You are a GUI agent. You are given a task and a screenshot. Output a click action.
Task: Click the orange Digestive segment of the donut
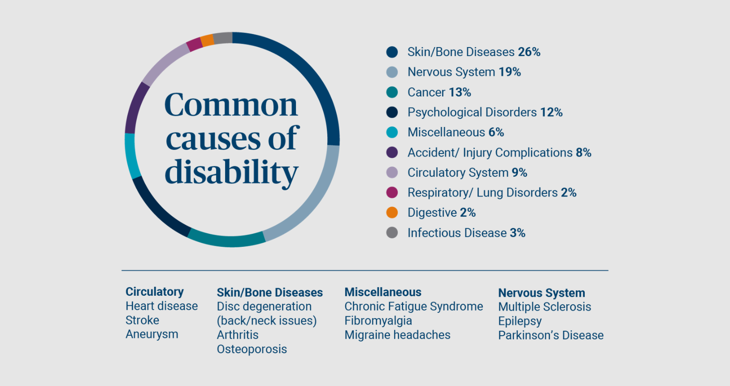(207, 40)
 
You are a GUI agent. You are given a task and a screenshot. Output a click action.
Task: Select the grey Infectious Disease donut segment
(222, 38)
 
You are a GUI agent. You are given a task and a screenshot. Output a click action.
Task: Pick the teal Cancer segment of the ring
(226, 240)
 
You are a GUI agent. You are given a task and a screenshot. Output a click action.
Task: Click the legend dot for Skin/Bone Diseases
(392, 52)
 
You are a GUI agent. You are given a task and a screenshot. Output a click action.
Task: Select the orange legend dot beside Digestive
(392, 212)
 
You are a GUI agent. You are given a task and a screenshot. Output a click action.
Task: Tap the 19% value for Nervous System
(510, 72)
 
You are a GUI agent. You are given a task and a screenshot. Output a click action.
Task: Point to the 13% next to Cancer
(460, 92)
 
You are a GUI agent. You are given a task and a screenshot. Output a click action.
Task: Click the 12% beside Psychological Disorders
(552, 112)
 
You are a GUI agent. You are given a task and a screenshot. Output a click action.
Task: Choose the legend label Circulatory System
(458, 173)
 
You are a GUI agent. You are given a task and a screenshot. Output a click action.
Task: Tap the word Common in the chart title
(231, 105)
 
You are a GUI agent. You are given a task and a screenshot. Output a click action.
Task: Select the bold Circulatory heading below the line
(154, 292)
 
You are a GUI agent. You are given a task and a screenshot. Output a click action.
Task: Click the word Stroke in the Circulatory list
(143, 320)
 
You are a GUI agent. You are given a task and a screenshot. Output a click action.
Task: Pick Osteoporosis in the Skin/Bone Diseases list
(252, 349)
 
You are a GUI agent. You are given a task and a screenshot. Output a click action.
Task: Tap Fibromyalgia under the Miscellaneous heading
(378, 321)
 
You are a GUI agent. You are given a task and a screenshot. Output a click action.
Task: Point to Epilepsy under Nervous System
(520, 321)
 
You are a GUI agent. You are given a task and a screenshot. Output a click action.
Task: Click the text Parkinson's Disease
(551, 335)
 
